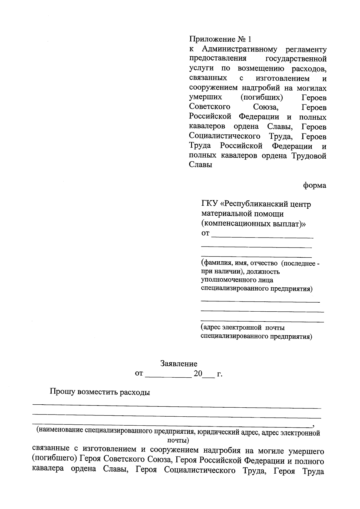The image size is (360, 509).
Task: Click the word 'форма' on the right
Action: [314, 185]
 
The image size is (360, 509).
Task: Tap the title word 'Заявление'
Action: [179, 364]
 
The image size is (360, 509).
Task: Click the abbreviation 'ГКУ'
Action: [210, 204]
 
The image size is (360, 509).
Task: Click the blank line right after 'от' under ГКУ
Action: [262, 236]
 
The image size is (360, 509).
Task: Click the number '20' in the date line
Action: [198, 374]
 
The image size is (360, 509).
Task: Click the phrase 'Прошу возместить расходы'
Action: [100, 392]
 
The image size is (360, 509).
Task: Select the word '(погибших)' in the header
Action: [262, 97]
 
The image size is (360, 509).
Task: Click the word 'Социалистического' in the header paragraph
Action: [224, 136]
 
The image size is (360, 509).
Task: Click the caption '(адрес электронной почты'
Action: [242, 327]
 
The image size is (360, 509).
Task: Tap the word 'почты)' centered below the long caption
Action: [178, 441]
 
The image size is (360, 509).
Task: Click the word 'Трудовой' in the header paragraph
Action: [309, 156]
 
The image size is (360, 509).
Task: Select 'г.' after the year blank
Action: [220, 374]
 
